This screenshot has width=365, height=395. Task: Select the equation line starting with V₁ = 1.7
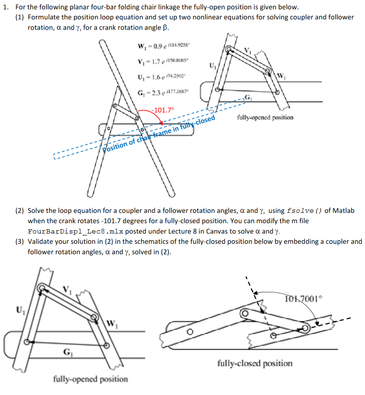[x=157, y=62]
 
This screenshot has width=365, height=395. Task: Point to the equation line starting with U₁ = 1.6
[x=157, y=77]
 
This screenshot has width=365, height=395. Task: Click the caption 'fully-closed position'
[x=254, y=363]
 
